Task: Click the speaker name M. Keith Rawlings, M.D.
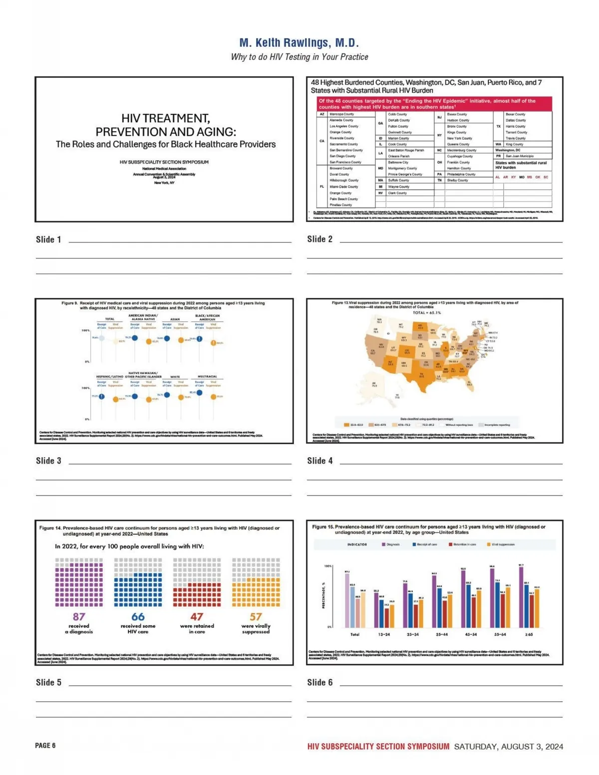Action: (x=299, y=43)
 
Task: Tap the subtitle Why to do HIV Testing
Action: (x=299, y=57)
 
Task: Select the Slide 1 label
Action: (x=48, y=240)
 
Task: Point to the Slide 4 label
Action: (x=319, y=461)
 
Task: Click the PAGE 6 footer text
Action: (x=45, y=746)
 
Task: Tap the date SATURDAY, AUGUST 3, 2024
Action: (x=508, y=747)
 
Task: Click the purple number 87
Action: (x=79, y=617)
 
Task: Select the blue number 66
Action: (x=138, y=617)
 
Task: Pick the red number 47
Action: (x=197, y=617)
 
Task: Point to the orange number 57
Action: (x=256, y=617)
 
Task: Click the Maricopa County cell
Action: (x=342, y=114)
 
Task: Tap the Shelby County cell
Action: (x=457, y=180)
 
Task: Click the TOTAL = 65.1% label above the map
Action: (x=426, y=313)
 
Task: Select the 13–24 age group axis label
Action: (x=384, y=634)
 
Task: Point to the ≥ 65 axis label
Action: (x=529, y=634)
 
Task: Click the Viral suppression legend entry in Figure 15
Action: (x=503, y=544)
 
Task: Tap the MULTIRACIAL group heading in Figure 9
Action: (x=206, y=377)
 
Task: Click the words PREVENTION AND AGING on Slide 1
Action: (x=166, y=132)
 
